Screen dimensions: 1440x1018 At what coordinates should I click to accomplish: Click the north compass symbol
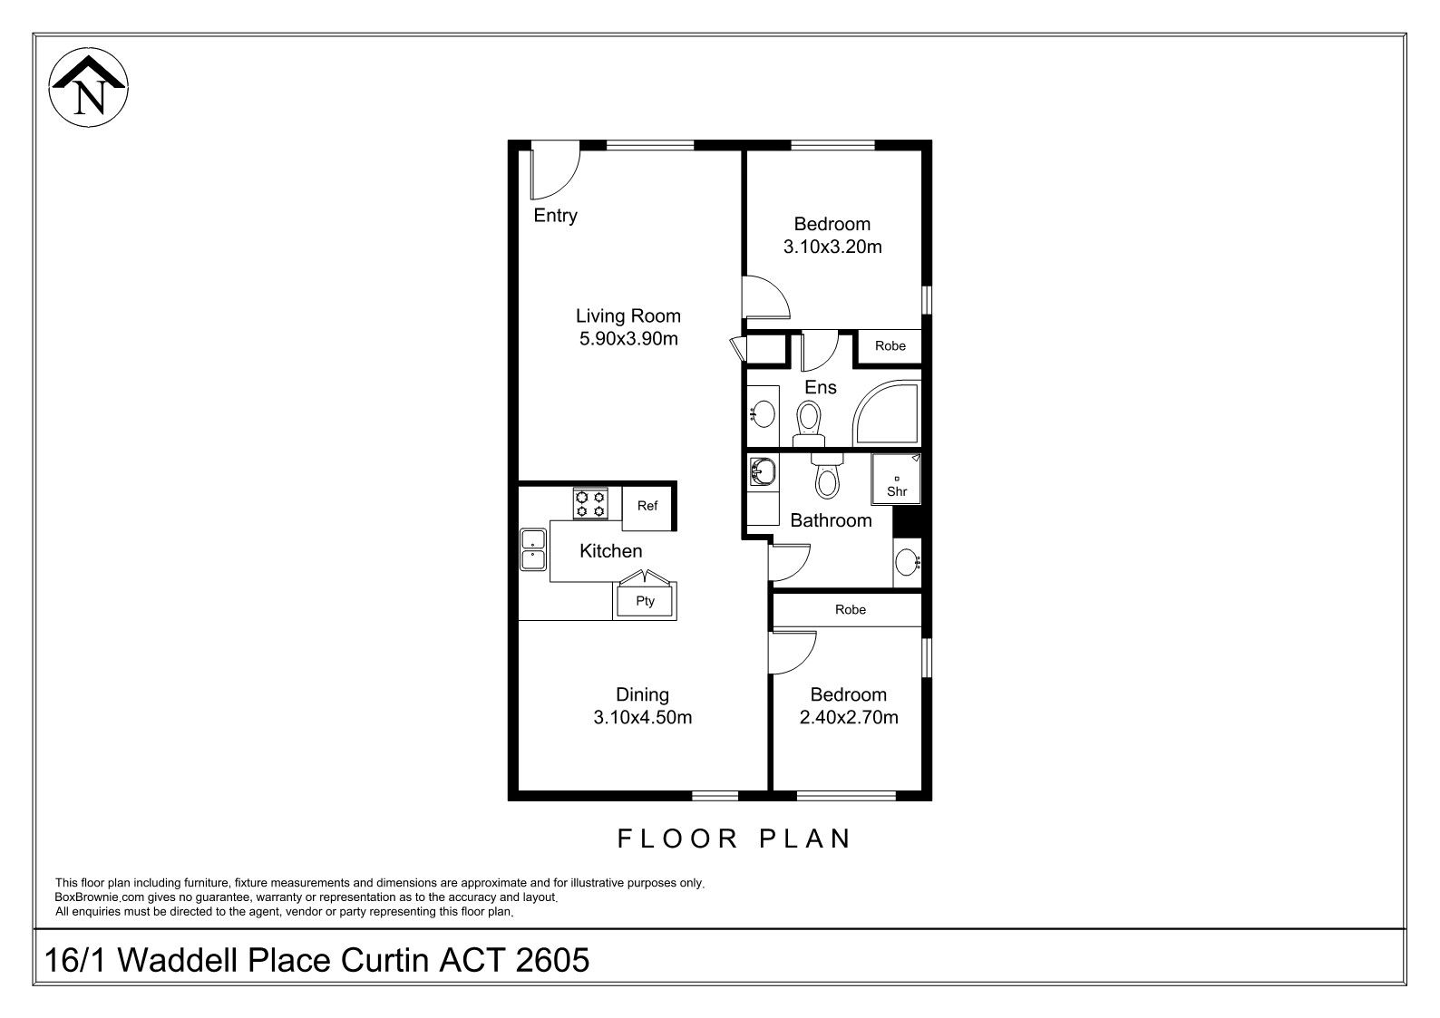click(89, 87)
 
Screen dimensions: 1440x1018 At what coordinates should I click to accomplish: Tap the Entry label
click(556, 216)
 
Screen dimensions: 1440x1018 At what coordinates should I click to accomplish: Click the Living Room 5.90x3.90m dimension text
click(628, 338)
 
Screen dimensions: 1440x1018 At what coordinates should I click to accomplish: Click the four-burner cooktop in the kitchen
click(590, 503)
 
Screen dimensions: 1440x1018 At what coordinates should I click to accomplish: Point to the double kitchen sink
click(533, 549)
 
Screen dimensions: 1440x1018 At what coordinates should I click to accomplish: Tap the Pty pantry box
click(645, 601)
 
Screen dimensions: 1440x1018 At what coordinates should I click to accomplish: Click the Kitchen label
click(610, 551)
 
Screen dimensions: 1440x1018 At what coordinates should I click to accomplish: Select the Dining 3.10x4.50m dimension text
click(642, 716)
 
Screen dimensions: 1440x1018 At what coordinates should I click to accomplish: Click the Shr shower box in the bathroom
click(896, 479)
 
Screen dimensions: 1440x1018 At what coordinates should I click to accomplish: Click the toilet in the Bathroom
click(827, 476)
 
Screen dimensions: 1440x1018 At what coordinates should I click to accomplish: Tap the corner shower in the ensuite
click(887, 413)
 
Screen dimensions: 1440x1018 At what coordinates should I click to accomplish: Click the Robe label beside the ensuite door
click(890, 345)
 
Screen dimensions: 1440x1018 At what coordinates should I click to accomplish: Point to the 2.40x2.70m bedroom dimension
click(849, 716)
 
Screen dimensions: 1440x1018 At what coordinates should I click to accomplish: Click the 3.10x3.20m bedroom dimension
click(832, 247)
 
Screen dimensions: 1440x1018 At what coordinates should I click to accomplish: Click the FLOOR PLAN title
click(735, 839)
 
